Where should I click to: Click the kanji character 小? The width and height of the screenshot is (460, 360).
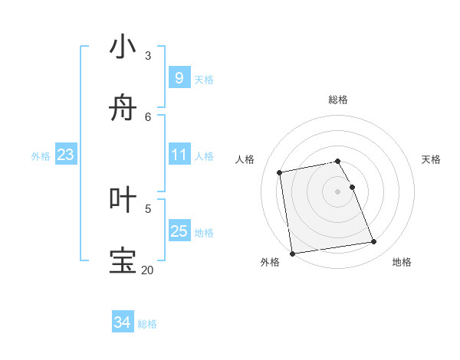pyautogui.click(x=123, y=47)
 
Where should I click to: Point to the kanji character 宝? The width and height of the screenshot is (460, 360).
pyautogui.click(x=123, y=260)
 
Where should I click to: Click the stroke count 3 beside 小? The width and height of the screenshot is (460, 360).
pyautogui.click(x=148, y=56)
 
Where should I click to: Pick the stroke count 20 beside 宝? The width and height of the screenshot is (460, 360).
pyautogui.click(x=147, y=270)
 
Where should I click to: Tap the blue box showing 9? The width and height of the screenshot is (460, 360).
pyautogui.click(x=179, y=77)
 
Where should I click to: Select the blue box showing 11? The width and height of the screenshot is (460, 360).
pyautogui.click(x=179, y=155)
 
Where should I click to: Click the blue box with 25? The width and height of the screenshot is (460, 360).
pyautogui.click(x=179, y=231)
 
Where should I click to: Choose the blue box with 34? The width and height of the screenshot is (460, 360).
pyautogui.click(x=122, y=322)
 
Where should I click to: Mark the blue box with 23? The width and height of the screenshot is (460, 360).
pyautogui.click(x=65, y=155)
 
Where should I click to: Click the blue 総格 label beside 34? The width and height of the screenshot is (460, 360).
pyautogui.click(x=147, y=324)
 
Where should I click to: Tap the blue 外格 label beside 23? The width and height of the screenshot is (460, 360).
pyautogui.click(x=41, y=156)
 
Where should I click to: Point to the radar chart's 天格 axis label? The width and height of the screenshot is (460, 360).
pyautogui.click(x=431, y=159)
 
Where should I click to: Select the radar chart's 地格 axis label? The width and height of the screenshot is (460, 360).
pyautogui.click(x=402, y=262)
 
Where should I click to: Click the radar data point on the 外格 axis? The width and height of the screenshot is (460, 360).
pyautogui.click(x=292, y=253)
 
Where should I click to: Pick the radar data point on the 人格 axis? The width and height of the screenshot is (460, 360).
pyautogui.click(x=280, y=172)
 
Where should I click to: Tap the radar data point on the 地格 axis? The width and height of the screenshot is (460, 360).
pyautogui.click(x=374, y=242)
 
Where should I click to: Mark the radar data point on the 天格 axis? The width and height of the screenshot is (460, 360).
pyautogui.click(x=353, y=187)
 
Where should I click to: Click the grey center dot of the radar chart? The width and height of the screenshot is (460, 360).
pyautogui.click(x=337, y=191)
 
